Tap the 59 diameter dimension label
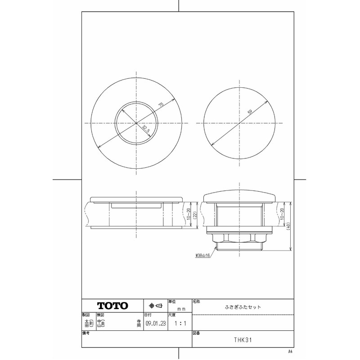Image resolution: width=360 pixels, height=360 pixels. pos(249,112)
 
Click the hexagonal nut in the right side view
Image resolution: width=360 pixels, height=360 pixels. pos(239,239)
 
